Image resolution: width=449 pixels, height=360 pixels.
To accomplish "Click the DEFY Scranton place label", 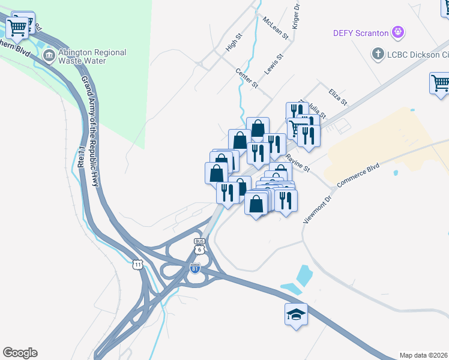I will [362, 32].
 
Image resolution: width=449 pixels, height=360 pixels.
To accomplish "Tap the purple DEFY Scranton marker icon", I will [397, 31].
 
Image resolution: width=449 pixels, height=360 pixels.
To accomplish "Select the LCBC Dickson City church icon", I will [378, 54].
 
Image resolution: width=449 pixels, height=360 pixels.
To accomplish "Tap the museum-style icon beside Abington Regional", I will [49, 56].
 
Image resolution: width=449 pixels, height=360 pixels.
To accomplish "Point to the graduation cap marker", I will [296, 315].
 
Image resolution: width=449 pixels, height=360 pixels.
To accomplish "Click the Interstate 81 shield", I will [195, 268].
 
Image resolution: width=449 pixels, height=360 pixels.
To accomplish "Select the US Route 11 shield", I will [138, 264].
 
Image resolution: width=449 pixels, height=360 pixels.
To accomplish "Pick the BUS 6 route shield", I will [199, 247].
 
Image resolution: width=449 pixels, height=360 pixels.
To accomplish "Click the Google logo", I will [20, 353].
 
